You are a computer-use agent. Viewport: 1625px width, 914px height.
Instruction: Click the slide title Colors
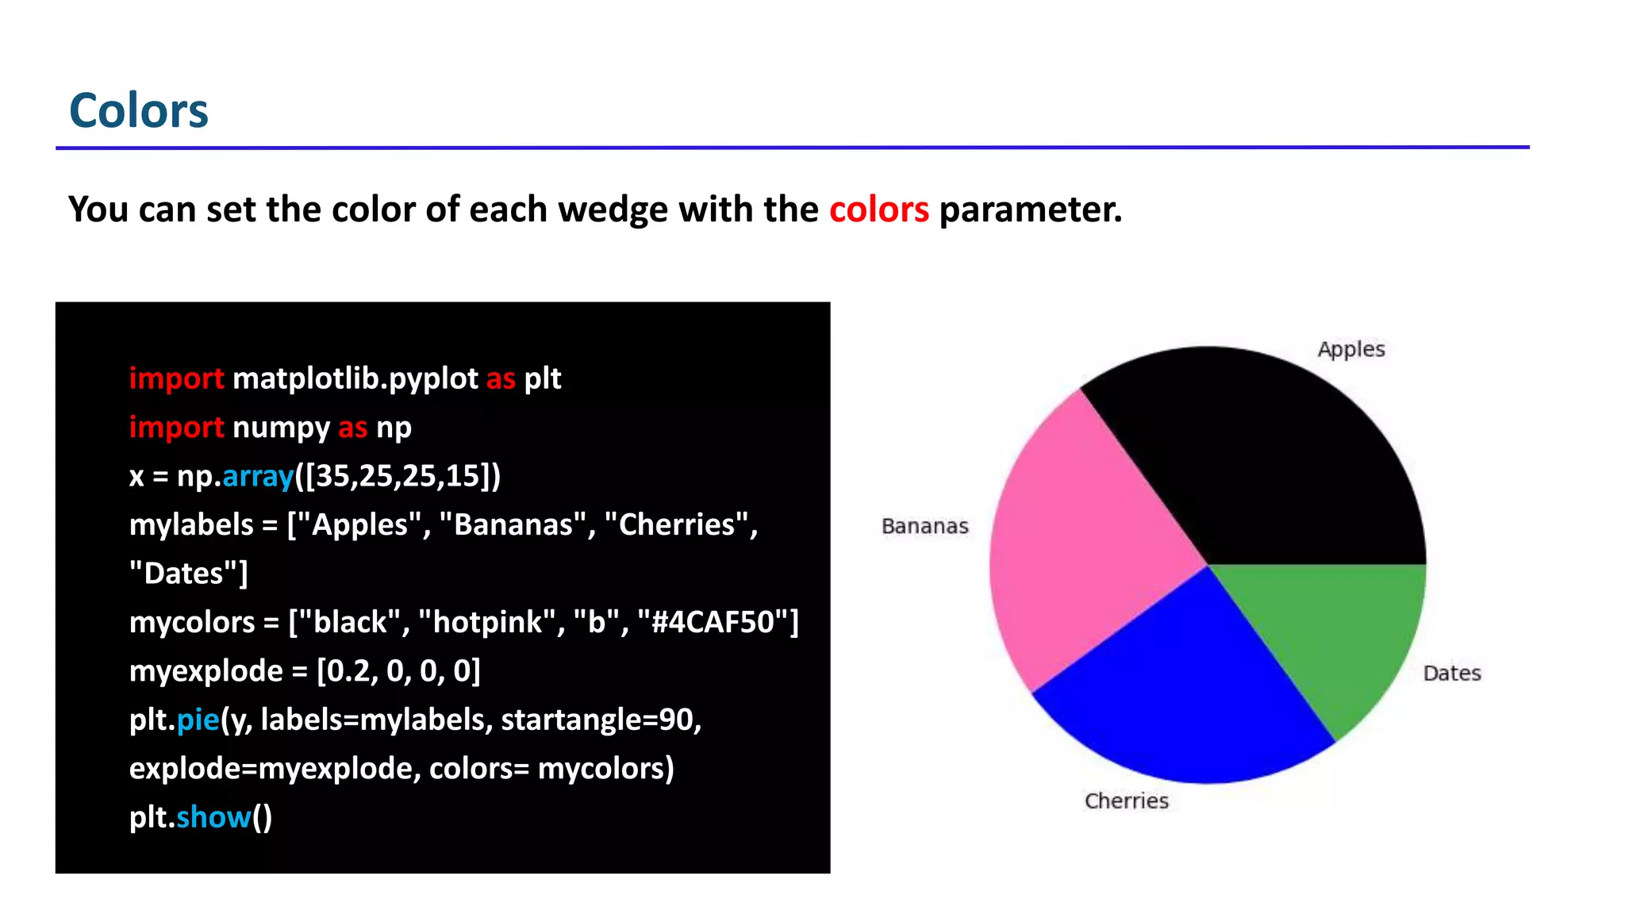[x=139, y=110]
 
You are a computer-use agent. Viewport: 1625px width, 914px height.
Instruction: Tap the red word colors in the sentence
[x=878, y=209]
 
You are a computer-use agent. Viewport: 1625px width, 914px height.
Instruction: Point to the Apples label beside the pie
[x=1350, y=349]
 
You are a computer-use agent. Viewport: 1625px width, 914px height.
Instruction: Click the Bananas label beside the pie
[x=925, y=526]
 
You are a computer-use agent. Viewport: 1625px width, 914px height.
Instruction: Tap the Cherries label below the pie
[x=1127, y=801]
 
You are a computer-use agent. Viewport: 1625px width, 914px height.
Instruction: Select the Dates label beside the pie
[x=1452, y=673]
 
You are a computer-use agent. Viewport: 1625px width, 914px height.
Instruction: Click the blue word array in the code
[x=258, y=476]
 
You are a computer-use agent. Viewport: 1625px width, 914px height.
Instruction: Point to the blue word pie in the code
[x=198, y=720]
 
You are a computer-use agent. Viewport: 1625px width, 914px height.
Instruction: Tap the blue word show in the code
[x=213, y=817]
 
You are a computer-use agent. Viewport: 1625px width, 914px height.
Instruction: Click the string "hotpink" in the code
[x=488, y=622]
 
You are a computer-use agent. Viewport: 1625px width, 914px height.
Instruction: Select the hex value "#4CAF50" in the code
[x=717, y=622]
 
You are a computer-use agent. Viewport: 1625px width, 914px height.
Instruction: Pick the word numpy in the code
[x=280, y=428]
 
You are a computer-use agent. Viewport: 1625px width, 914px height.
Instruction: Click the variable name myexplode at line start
[x=206, y=671]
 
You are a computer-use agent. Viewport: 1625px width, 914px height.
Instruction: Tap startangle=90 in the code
[x=601, y=720]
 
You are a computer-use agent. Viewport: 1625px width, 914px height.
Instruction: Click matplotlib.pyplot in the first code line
[x=355, y=379]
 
